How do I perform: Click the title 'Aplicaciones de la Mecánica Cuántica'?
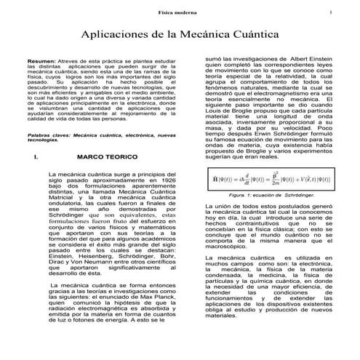pos(180,34)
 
